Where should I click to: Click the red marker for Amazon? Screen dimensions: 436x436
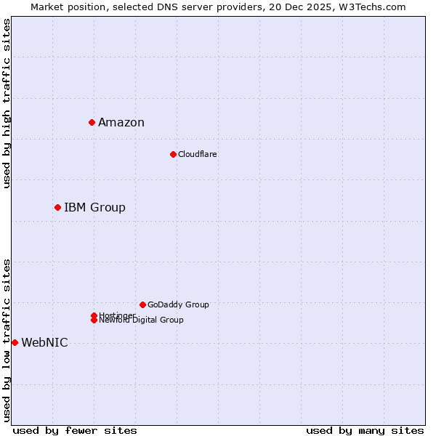pyautogui.click(x=92, y=122)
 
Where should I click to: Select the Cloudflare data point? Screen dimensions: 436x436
pyautogui.click(x=173, y=154)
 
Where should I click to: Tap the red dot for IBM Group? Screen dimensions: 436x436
pyautogui.click(x=57, y=207)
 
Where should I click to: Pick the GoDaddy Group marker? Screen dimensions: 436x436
pyautogui.click(x=142, y=304)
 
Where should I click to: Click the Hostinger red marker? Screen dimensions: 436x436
pyautogui.click(x=94, y=315)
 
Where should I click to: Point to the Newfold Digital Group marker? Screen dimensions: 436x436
pyautogui.click(x=94, y=320)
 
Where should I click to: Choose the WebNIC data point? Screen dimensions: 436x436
pyautogui.click(x=15, y=342)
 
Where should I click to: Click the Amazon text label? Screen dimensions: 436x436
pyautogui.click(x=121, y=122)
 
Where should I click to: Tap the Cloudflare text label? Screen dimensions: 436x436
pyautogui.click(x=198, y=154)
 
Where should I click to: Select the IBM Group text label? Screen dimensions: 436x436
pyautogui.click(x=94, y=208)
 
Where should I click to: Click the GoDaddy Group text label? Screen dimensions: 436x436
pyautogui.click(x=178, y=304)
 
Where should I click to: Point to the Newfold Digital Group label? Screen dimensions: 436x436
pyautogui.click(x=142, y=320)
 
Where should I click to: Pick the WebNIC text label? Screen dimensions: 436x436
pyautogui.click(x=44, y=343)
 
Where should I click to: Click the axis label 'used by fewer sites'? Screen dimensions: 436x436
pyautogui.click(x=75, y=430)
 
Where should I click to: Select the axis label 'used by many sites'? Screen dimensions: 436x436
pyautogui.click(x=365, y=430)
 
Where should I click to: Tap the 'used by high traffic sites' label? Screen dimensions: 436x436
pyautogui.click(x=7, y=103)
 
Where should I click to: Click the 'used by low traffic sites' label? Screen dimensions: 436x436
pyautogui.click(x=7, y=340)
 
